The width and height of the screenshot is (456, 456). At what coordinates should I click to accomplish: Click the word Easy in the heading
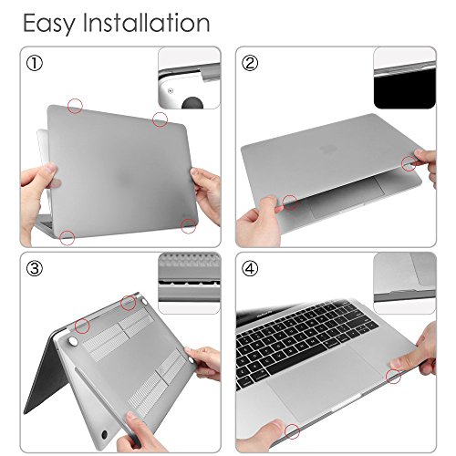47,22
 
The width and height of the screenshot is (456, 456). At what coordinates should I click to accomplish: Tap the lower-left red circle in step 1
67,238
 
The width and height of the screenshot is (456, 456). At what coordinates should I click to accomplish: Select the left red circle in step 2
290,202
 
